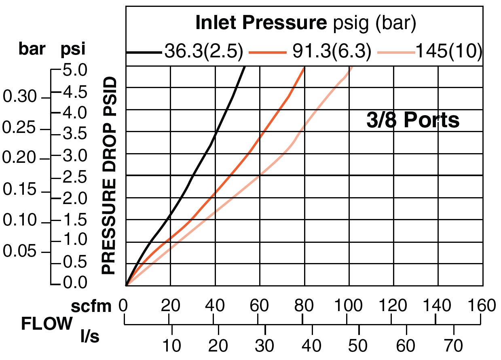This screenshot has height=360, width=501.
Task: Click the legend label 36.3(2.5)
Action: [x=203, y=52]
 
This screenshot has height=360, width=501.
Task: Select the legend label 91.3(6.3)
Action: [x=331, y=52]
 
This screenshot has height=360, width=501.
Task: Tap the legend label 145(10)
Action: [x=449, y=52]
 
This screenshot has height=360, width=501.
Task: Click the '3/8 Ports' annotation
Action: [x=413, y=120]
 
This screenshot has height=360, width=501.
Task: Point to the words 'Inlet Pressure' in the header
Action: [x=261, y=23]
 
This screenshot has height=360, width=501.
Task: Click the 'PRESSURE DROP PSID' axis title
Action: [x=108, y=176]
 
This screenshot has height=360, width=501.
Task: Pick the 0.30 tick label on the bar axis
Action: [x=20, y=97]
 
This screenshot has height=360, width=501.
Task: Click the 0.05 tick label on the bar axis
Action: [x=20, y=252]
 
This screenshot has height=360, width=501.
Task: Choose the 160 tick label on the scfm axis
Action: [x=481, y=306]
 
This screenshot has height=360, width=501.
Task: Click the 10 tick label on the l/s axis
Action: [x=172, y=346]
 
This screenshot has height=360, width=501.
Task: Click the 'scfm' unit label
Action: [x=91, y=307]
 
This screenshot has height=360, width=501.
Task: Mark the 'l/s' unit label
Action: [x=89, y=336]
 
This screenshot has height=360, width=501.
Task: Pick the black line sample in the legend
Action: [x=144, y=53]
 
